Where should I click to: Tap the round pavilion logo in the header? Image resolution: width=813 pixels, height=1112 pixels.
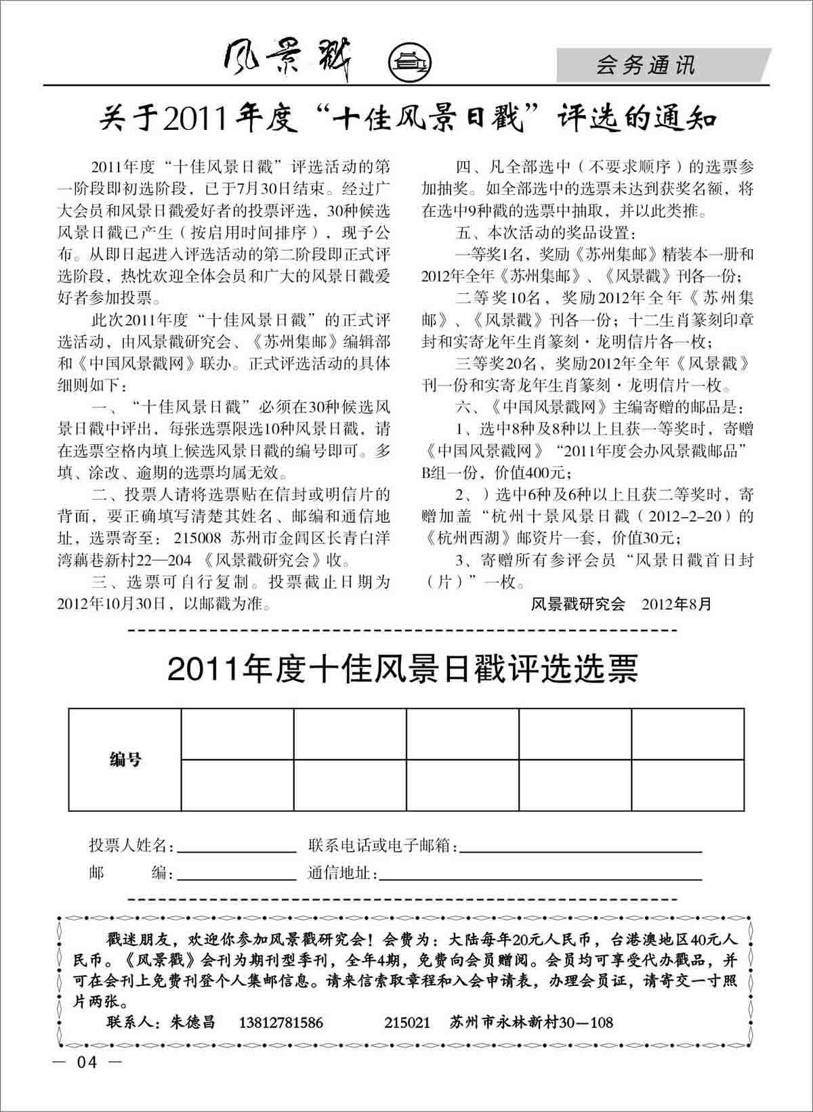click(x=411, y=63)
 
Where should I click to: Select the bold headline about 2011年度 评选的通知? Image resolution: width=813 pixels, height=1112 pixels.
click(x=407, y=119)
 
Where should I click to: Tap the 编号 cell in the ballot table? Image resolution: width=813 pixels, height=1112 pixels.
click(x=125, y=760)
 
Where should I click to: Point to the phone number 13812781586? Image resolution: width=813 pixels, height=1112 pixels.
click(x=281, y=1023)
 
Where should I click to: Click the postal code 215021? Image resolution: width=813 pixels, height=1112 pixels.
click(x=406, y=1023)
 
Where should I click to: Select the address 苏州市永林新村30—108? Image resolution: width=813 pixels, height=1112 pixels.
click(x=531, y=1023)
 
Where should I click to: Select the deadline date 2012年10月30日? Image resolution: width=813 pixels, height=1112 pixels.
click(x=111, y=603)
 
